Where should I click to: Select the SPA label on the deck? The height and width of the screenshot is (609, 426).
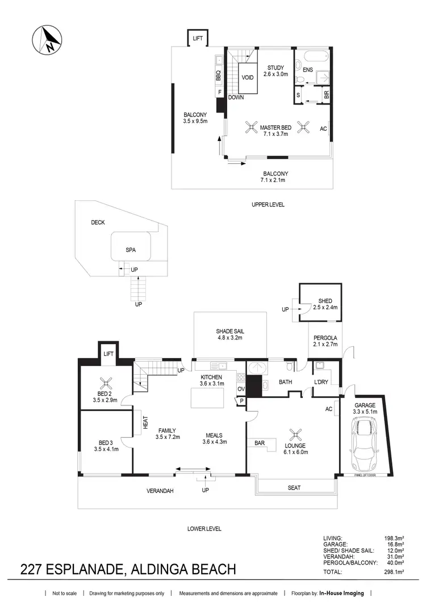(131, 250)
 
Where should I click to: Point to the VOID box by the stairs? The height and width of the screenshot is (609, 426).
(247, 78)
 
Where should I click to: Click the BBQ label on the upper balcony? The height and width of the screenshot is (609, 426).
(218, 74)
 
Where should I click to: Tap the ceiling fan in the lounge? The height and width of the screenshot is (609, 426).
(295, 436)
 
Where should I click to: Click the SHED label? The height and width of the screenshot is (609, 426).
(325, 301)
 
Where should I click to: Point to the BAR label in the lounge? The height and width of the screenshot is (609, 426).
(261, 441)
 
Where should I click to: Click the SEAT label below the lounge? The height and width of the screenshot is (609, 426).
(294, 487)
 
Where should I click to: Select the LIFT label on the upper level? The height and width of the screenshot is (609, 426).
(198, 39)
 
